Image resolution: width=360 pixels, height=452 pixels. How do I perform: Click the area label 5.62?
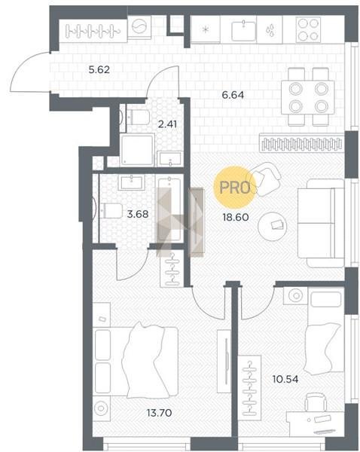tap(99, 70)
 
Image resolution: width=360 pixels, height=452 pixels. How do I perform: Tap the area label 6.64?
tap(233, 95)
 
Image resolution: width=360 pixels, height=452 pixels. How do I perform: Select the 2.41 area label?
tap(167, 124)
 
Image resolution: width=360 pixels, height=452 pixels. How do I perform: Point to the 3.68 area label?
tap(138, 214)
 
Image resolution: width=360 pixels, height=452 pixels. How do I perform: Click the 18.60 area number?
tap(236, 217)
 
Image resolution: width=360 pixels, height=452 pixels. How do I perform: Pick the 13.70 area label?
tap(160, 413)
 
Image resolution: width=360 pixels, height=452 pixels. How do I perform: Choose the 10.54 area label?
tap(285, 379)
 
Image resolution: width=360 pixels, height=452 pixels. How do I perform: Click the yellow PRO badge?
tap(235, 188)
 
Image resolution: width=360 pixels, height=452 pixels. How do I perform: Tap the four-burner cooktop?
tap(309, 29)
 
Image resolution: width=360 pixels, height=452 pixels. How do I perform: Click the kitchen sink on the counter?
tap(243, 31)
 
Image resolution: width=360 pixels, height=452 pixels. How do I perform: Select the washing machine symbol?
tap(139, 26)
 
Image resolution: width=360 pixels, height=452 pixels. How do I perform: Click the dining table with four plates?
tap(308, 97)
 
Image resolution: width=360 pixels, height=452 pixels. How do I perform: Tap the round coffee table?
tap(272, 226)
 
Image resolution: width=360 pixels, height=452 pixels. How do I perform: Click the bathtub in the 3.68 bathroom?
tap(169, 209)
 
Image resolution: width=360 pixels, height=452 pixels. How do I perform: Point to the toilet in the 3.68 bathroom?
tap(111, 211)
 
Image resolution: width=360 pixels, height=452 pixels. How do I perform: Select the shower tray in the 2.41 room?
tap(138, 150)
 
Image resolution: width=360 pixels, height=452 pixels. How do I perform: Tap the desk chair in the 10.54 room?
tap(316, 402)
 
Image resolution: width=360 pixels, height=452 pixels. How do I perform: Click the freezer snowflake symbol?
tap(205, 29)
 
